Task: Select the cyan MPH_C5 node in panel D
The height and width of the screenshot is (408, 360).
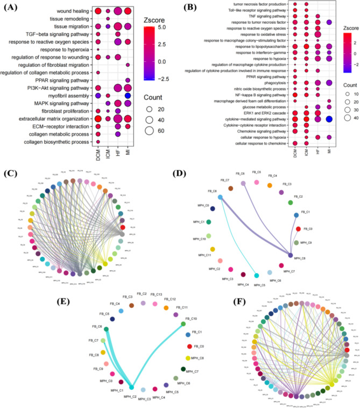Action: (257, 277)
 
